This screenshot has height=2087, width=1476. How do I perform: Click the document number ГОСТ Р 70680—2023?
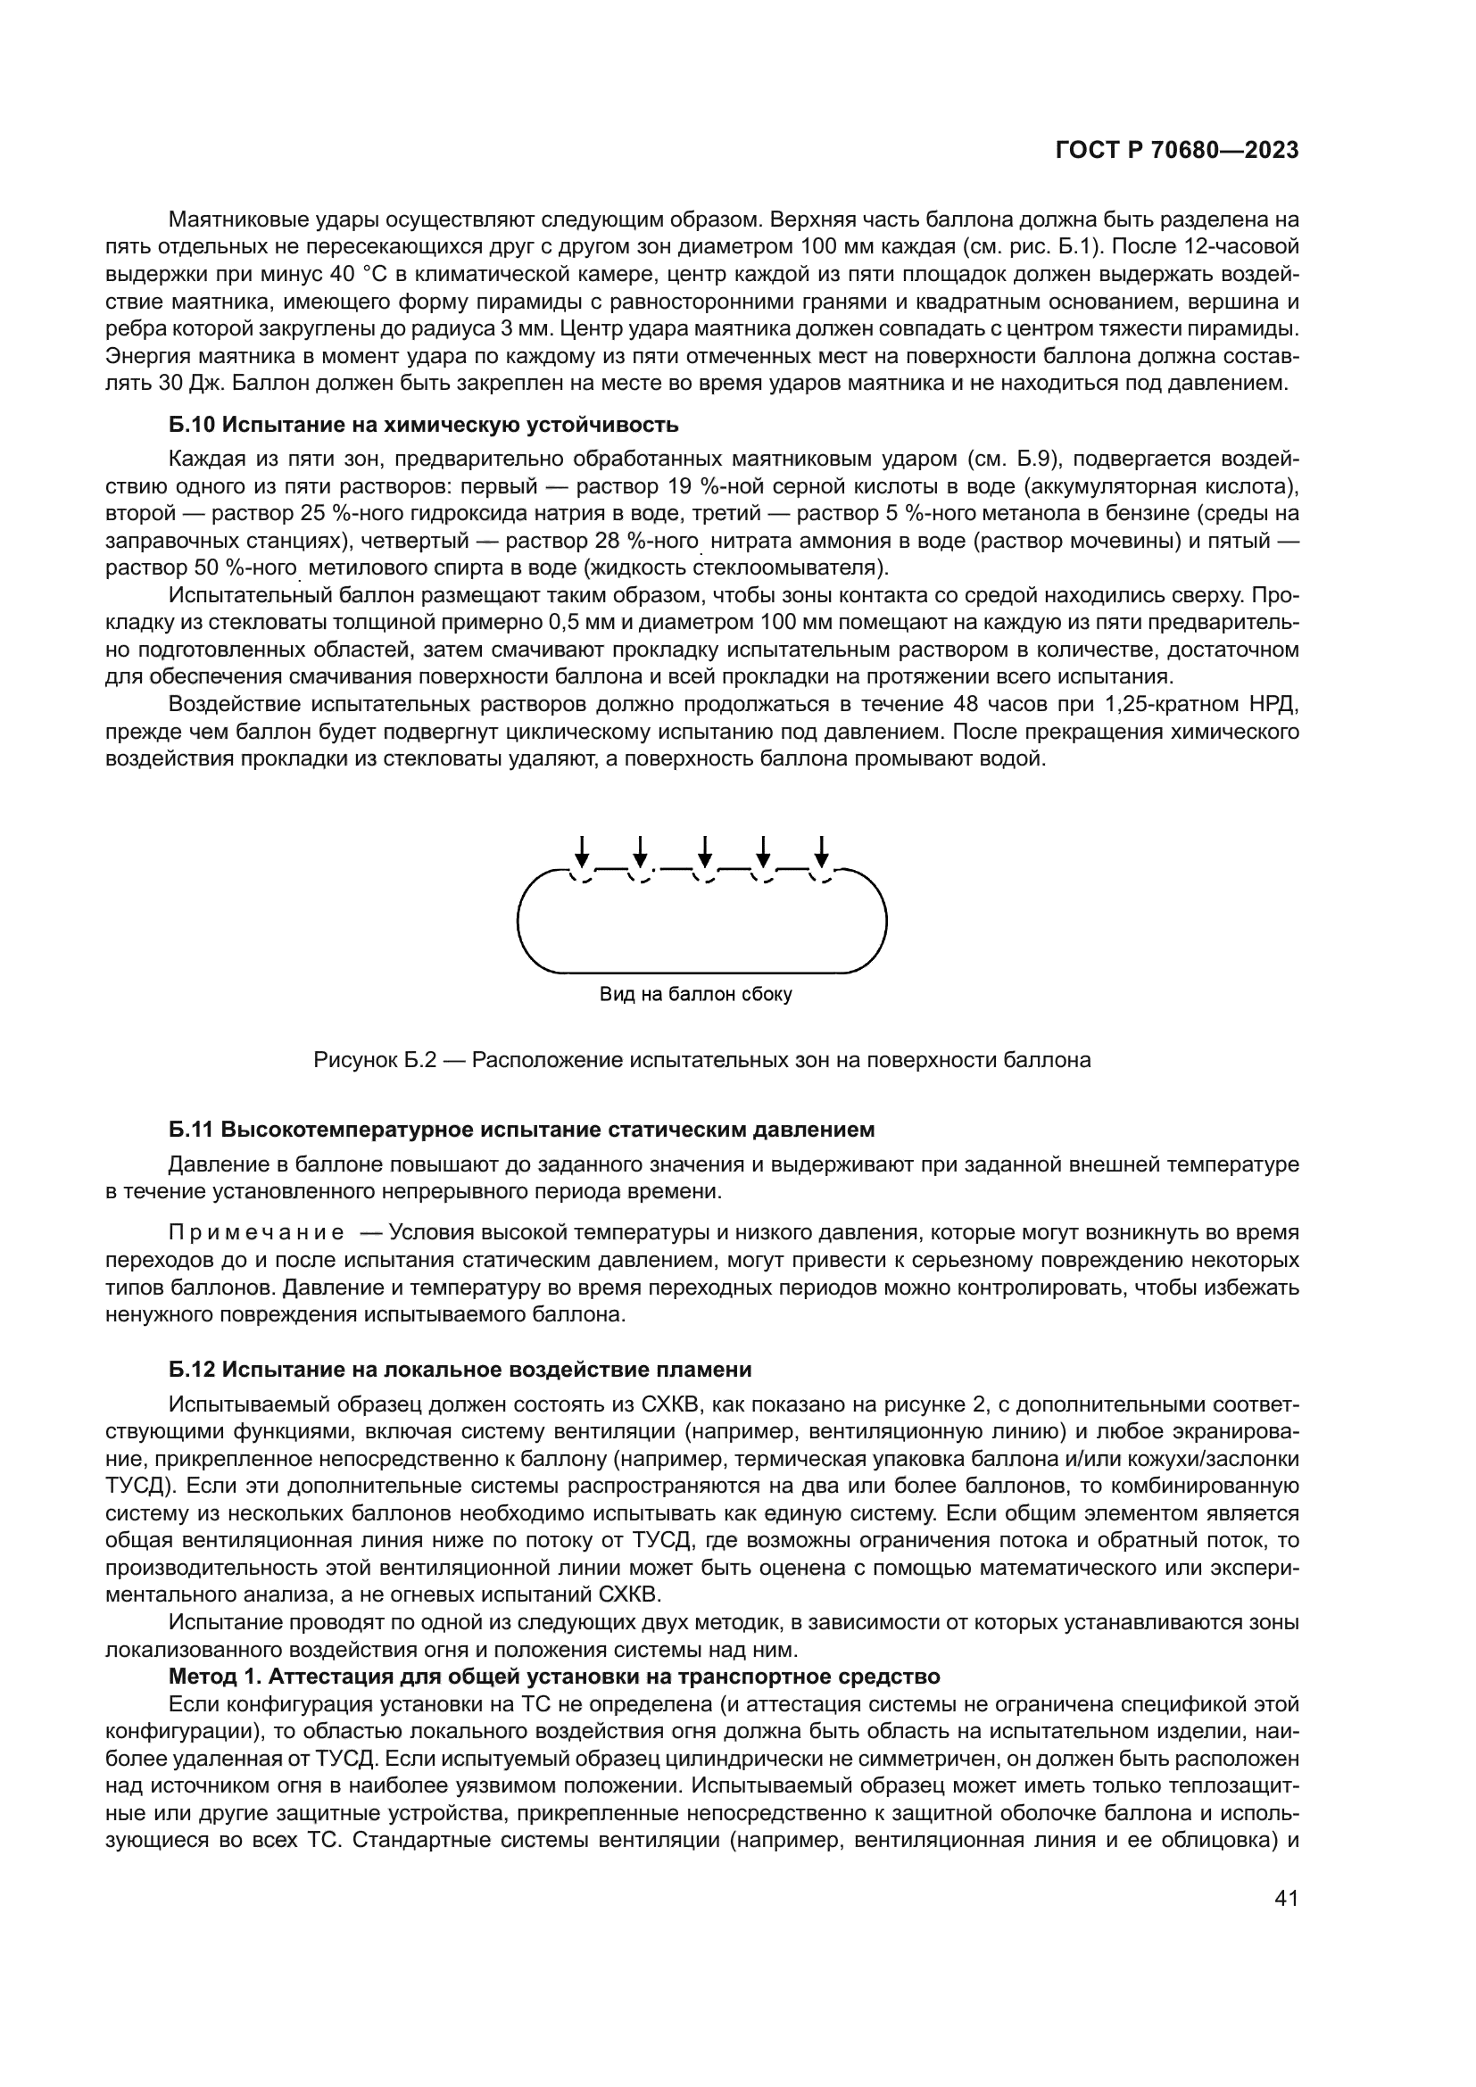[x=1176, y=151]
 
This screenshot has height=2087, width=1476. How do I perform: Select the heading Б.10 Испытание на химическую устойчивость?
[x=424, y=425]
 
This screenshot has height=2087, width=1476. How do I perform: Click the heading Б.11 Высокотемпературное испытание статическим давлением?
[x=522, y=1130]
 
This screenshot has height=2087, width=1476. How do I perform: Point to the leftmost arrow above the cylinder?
[x=583, y=852]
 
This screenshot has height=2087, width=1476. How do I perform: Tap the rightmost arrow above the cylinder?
[x=822, y=852]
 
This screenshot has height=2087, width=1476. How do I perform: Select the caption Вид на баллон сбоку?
[x=695, y=994]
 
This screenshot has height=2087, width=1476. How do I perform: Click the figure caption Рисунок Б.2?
[x=701, y=1060]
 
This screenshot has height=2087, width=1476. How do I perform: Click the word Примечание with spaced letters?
[x=256, y=1232]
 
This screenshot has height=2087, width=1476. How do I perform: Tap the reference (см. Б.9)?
[x=1014, y=459]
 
